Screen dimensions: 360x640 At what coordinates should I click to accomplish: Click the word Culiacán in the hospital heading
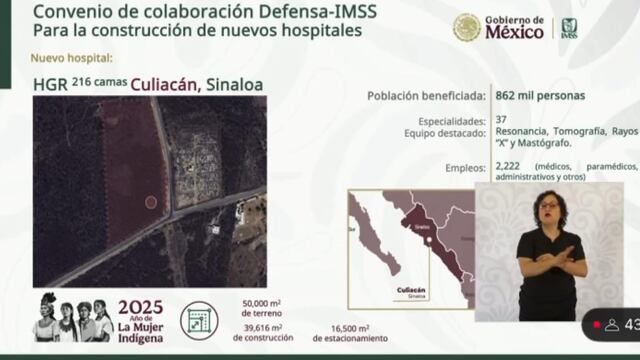158,85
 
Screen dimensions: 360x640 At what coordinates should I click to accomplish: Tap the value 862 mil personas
540,97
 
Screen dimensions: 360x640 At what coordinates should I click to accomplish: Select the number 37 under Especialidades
502,121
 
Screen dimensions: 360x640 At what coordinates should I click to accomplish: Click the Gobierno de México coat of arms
466,27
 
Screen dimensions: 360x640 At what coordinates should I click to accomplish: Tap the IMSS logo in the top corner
569,28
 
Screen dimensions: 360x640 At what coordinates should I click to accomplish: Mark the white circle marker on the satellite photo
151,202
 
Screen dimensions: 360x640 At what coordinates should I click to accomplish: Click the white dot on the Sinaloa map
426,239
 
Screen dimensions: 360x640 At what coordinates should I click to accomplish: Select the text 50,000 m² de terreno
264,308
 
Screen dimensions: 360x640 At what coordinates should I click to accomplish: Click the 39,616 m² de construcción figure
262,332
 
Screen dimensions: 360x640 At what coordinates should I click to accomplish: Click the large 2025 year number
140,307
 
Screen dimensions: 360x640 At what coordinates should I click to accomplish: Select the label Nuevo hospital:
72,58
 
